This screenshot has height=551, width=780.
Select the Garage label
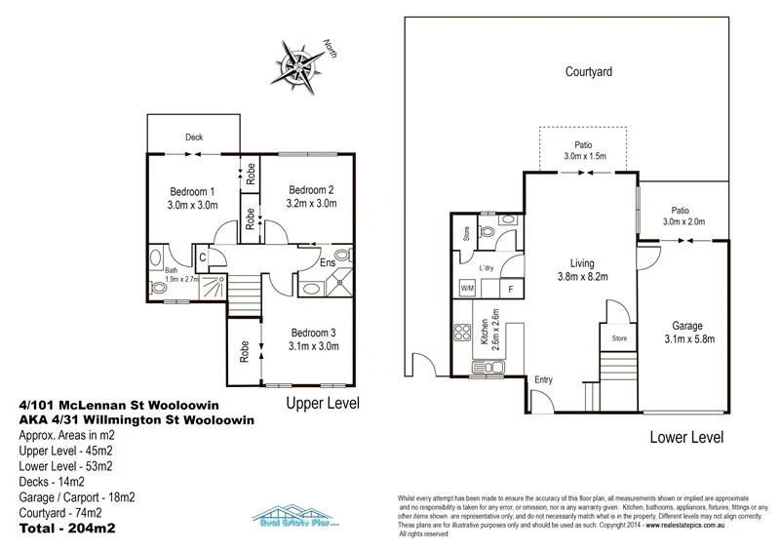pyautogui.click(x=694, y=325)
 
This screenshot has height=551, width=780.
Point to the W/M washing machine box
pyautogui.click(x=466, y=289)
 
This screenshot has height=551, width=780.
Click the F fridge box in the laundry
pyautogui.click(x=511, y=289)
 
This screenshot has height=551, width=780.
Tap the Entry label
pyautogui.click(x=543, y=379)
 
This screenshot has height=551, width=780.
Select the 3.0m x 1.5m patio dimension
pyautogui.click(x=585, y=156)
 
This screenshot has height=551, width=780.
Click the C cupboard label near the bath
pyautogui.click(x=202, y=257)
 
